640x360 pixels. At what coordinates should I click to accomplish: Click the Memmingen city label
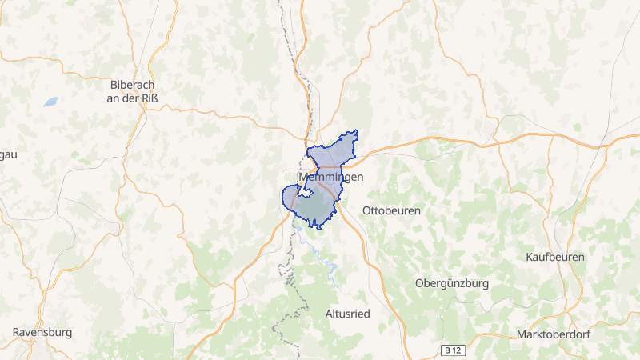pyautogui.click(x=330, y=177)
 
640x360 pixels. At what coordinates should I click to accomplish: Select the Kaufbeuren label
pyautogui.click(x=555, y=257)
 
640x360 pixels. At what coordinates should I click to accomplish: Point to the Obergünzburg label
pyautogui.click(x=452, y=283)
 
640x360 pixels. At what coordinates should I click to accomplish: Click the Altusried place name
pyautogui.click(x=348, y=313)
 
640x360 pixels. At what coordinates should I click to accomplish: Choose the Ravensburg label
pyautogui.click(x=42, y=331)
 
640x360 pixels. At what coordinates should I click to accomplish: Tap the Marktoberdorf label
pyautogui.click(x=554, y=334)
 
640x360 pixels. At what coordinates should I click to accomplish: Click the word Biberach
pyautogui.click(x=133, y=85)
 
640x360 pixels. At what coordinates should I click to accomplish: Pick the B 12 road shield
pyautogui.click(x=454, y=350)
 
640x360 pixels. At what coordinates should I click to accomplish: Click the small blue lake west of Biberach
pyautogui.click(x=50, y=102)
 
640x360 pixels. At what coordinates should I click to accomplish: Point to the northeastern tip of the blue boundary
pyautogui.click(x=357, y=131)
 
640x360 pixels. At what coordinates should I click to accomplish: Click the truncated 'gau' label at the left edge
pyautogui.click(x=8, y=154)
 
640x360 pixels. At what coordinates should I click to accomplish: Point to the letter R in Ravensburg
pyautogui.click(x=16, y=331)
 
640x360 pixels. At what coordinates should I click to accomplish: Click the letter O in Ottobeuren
pyautogui.click(x=367, y=210)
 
